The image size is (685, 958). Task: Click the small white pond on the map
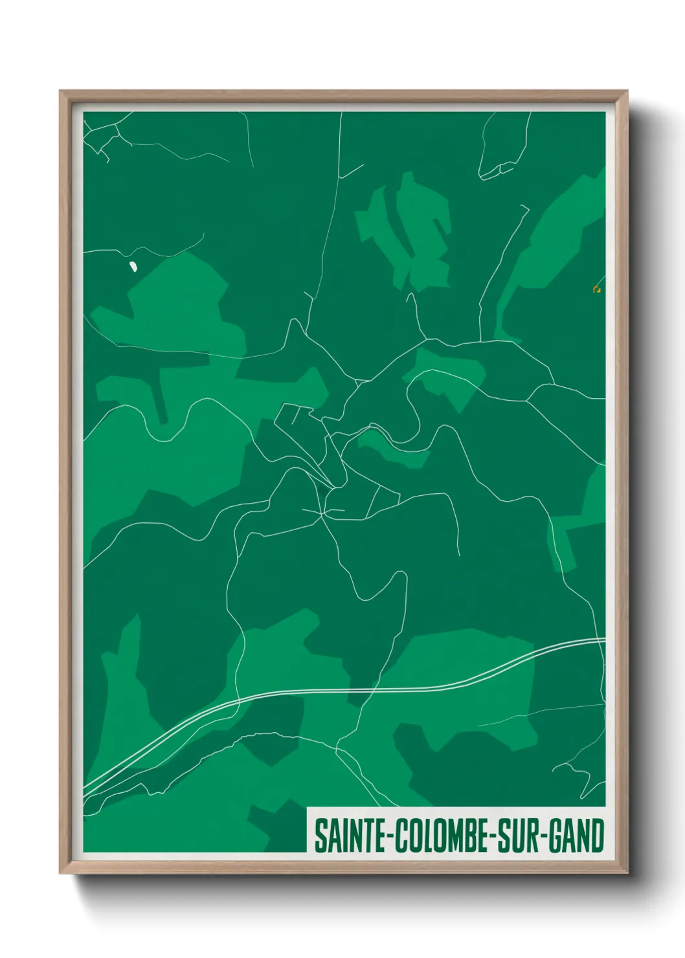pos(133,266)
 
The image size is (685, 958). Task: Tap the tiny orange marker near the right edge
pos(596,289)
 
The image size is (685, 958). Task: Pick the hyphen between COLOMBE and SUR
pos(489,837)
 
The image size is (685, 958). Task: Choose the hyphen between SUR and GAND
pos(544,837)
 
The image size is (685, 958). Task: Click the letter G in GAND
pos(556,836)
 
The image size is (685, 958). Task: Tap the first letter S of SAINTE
pos(320,836)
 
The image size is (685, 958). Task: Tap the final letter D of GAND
pos(598,836)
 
